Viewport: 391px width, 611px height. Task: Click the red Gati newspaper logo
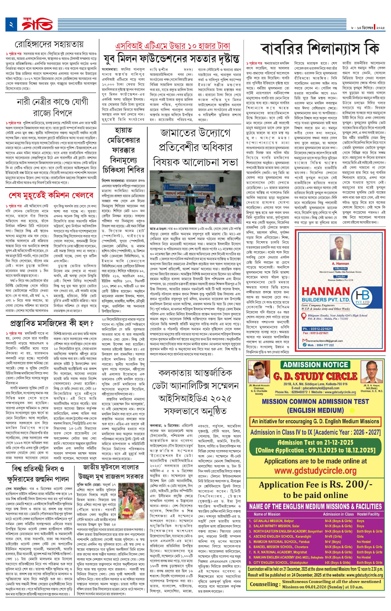pos(38,25)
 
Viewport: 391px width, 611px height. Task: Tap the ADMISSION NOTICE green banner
pos(315,365)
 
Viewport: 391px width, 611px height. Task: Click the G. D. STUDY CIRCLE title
pos(315,376)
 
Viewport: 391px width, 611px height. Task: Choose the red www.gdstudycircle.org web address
pos(315,471)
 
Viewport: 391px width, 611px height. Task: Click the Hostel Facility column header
pos(368,514)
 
